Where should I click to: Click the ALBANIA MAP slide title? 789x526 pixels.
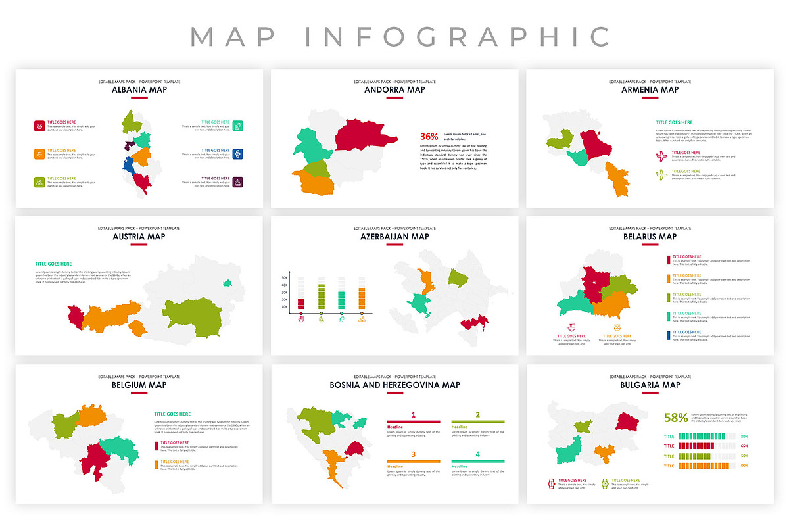139,89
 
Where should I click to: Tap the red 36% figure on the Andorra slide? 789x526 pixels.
429,137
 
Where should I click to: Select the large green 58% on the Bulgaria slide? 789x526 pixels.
676,417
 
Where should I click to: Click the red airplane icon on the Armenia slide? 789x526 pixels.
662,156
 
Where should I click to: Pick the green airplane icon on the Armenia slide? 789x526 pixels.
662,174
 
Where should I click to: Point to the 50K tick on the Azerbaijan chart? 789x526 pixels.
285,278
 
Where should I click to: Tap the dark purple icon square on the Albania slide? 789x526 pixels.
238,182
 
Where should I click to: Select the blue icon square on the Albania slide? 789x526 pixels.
238,154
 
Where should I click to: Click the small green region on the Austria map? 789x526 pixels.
227,283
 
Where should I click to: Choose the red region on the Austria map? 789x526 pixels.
75,317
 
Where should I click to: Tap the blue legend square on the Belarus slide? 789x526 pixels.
668,335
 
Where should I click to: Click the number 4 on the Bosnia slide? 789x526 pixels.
477,454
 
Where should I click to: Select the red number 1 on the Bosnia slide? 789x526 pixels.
413,415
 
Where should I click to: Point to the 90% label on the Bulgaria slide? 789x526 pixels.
744,466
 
